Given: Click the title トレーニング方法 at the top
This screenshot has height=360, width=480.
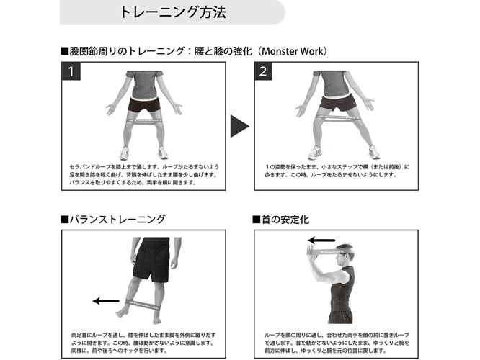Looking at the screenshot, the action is [173, 12].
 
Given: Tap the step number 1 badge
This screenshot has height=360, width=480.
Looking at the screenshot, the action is [71, 71].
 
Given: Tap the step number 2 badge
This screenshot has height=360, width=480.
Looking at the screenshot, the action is [263, 71].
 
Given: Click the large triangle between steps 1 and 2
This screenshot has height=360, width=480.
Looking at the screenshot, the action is [240, 126].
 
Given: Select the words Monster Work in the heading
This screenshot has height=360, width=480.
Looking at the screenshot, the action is [293, 51].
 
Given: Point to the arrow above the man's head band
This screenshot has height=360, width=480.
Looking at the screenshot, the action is [321, 240].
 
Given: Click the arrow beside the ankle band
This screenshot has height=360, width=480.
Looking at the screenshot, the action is [106, 301].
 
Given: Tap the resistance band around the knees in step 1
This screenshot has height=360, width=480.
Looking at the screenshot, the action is [144, 120].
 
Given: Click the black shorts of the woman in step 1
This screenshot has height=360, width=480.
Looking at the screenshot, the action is [144, 104].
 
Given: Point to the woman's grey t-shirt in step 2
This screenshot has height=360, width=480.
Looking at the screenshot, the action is [334, 84].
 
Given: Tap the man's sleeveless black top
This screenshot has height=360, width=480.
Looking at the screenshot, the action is [342, 289].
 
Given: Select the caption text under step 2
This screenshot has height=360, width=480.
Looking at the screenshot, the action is [337, 171].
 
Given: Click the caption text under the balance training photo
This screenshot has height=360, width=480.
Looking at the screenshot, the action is [143, 343].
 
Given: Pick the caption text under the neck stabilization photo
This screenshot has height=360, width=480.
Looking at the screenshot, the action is [337, 343].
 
